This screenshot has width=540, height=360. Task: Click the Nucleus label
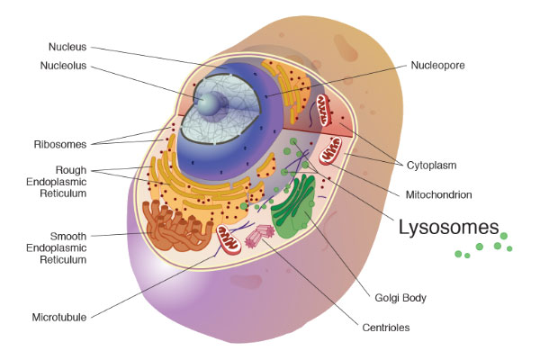pos(67,47)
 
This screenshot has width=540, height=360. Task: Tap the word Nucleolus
pos(63,66)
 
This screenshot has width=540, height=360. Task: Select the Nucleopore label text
pos(437,65)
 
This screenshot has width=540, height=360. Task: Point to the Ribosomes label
pos(60,144)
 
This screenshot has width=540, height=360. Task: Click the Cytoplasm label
pos(431,166)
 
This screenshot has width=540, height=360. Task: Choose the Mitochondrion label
pos(439,194)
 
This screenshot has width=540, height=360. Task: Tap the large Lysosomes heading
pos(449,228)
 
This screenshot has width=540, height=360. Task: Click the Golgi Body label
pos(400,298)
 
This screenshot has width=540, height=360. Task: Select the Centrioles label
pos(386,328)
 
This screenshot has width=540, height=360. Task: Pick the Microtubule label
pos(59,317)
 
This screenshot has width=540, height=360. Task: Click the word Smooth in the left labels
pos(68,237)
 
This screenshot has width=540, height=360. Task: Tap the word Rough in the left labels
pos(71,170)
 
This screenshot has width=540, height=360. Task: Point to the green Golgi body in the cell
pos(293,206)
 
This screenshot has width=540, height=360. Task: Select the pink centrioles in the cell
pos(260,236)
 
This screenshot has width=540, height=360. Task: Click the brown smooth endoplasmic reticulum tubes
pos(176,226)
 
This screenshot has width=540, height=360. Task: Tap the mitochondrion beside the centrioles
pos(229,239)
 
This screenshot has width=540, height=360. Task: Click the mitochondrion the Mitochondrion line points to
pos(330,150)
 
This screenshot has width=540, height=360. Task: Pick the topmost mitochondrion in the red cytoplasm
pos(324,110)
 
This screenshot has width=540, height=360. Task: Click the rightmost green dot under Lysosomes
pos(509,248)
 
